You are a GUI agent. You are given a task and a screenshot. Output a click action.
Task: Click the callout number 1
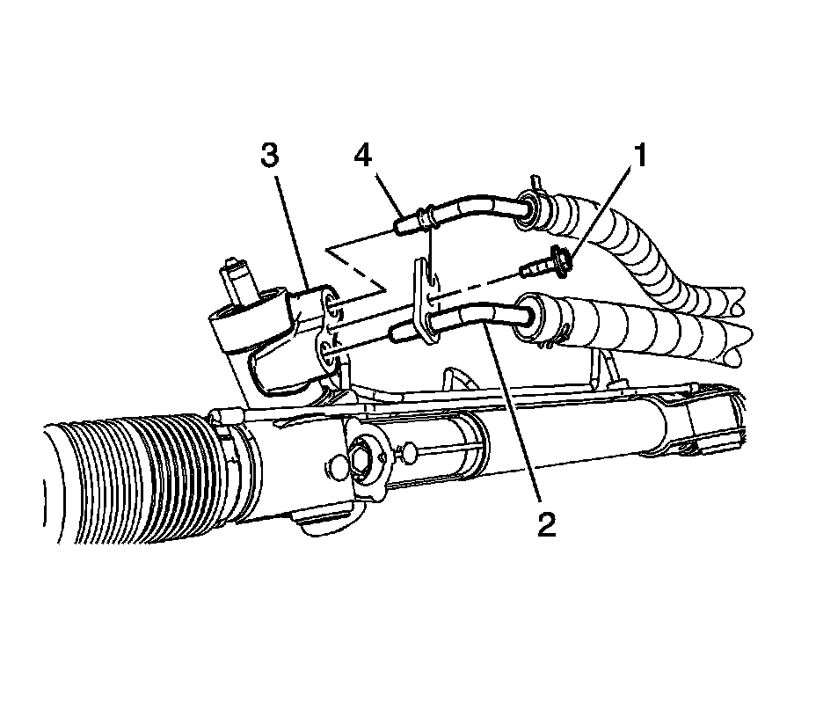[641, 157]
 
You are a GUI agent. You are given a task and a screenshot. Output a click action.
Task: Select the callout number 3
[269, 157]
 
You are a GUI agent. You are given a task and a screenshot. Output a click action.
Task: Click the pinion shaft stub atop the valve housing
[237, 275]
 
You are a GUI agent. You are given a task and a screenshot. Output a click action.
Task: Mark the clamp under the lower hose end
[554, 339]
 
